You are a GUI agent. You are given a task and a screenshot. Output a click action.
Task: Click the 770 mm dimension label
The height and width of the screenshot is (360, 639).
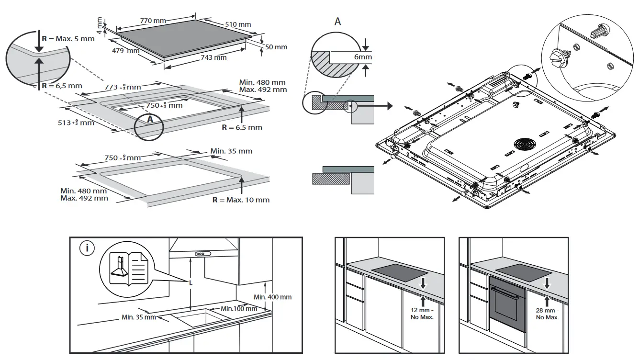click(x=153, y=21)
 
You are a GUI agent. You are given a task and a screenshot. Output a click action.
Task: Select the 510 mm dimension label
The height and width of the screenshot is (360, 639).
click(x=237, y=24)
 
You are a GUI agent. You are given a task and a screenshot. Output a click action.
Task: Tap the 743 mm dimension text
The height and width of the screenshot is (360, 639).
click(x=213, y=58)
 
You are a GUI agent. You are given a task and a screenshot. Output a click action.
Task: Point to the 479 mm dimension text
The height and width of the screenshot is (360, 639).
click(x=126, y=51)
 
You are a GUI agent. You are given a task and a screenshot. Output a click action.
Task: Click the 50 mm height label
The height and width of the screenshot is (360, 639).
click(x=276, y=47)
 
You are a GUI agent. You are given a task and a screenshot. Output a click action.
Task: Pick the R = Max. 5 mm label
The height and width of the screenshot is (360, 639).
click(x=68, y=38)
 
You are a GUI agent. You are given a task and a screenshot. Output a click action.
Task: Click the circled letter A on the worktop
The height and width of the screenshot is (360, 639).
click(x=149, y=120)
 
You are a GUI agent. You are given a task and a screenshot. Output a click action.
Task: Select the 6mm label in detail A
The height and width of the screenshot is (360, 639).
click(x=363, y=57)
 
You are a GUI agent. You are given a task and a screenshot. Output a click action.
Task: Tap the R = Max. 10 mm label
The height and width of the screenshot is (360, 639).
click(x=241, y=200)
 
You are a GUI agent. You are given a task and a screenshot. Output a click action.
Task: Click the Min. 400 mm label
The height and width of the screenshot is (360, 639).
click(x=272, y=297)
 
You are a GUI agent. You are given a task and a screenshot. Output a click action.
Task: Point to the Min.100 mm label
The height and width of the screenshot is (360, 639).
click(x=239, y=308)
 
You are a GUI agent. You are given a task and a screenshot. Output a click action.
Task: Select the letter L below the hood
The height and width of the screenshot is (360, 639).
click(x=191, y=283)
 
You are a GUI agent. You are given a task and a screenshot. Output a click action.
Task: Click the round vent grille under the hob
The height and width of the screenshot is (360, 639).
click(x=526, y=145)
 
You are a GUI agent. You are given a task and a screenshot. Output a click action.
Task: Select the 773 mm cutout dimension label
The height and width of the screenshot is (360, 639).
click(x=123, y=87)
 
